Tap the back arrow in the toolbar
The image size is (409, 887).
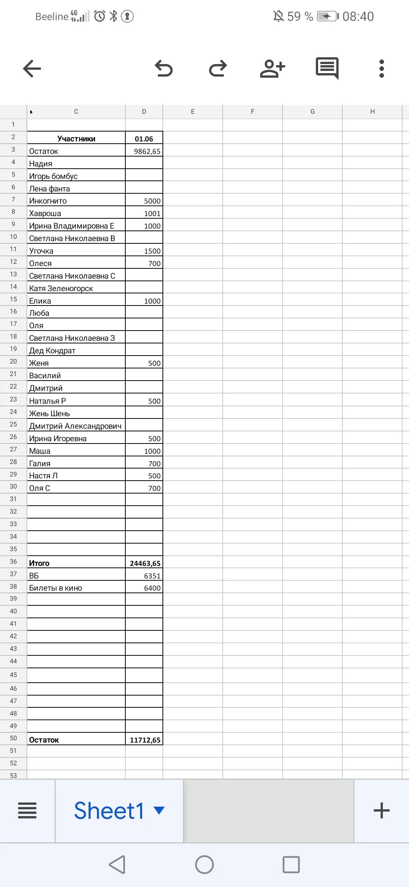pyautogui.click(x=32, y=69)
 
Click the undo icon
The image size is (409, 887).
pyautogui.click(x=164, y=69)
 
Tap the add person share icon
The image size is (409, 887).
pyautogui.click(x=272, y=69)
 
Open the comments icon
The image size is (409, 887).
pyautogui.click(x=327, y=69)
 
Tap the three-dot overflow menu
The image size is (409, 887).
pyautogui.click(x=382, y=69)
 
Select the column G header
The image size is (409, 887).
pyautogui.click(x=312, y=111)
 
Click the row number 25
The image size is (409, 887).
pyautogui.click(x=13, y=424)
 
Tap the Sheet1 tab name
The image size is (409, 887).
pyautogui.click(x=109, y=810)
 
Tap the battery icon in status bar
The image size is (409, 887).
pyautogui.click(x=327, y=16)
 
